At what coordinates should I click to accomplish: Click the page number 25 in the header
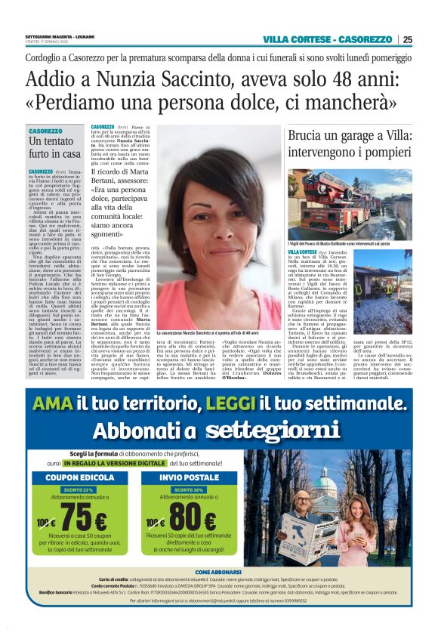428,39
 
